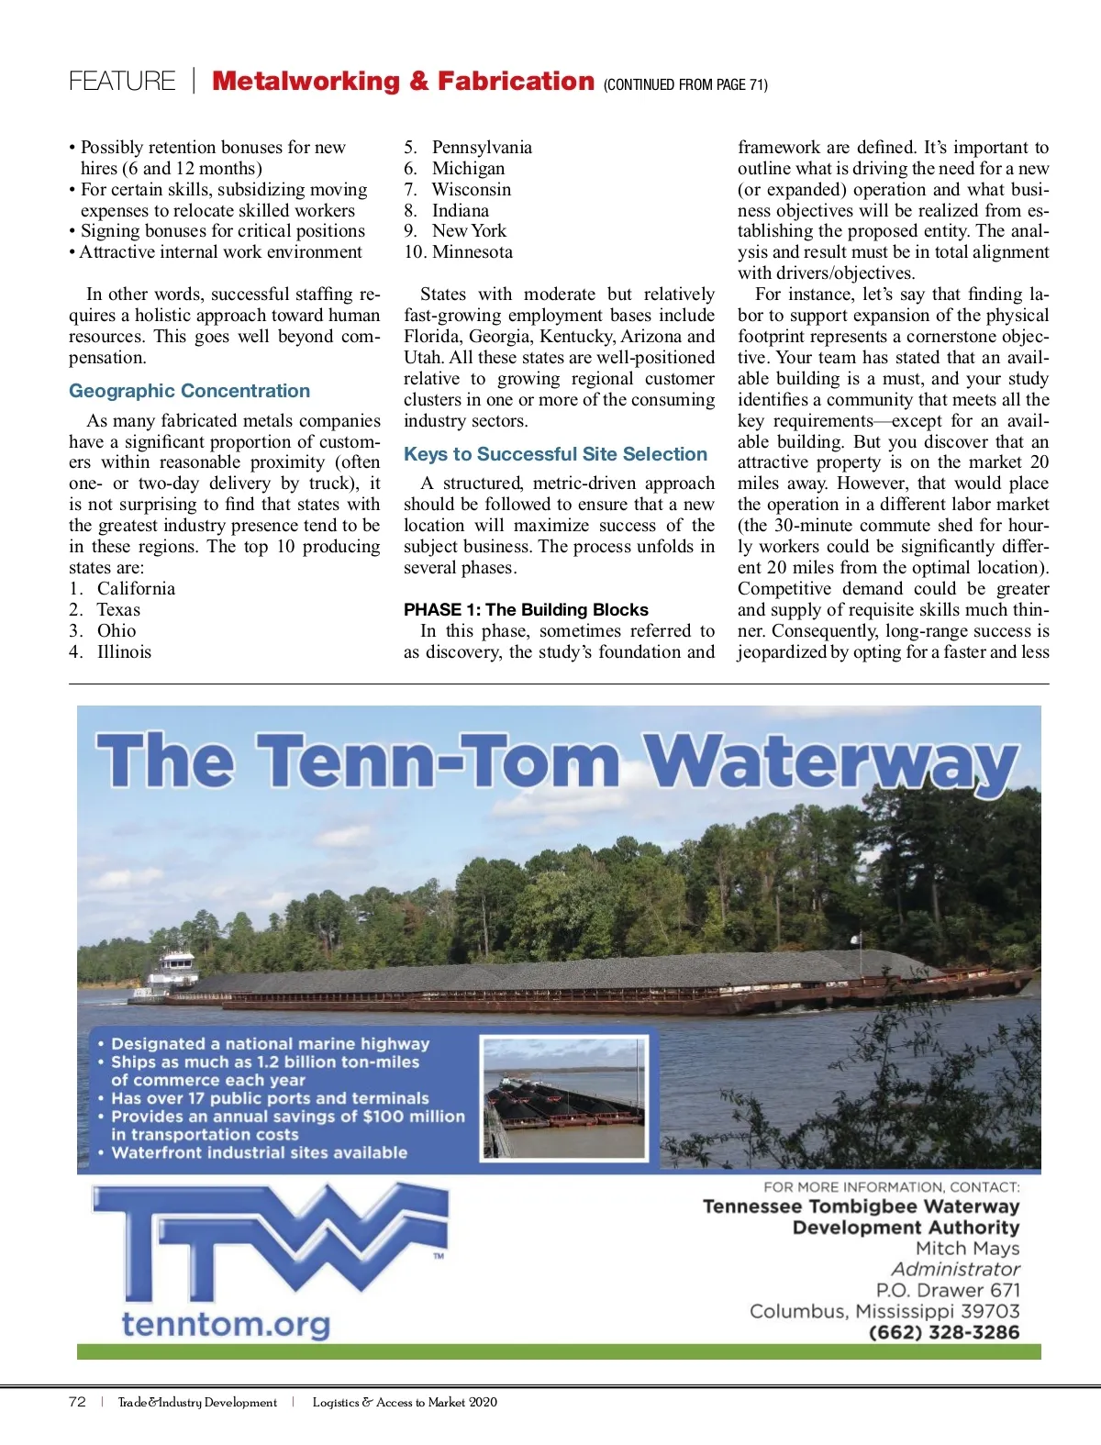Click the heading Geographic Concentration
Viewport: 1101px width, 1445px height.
[189, 391]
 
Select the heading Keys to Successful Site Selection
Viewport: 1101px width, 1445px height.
[555, 454]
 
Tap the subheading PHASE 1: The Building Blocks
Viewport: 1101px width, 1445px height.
[526, 610]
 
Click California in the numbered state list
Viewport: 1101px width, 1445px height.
[136, 589]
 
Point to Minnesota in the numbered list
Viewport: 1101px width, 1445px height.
[472, 252]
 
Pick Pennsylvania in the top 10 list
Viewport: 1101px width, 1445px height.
[482, 148]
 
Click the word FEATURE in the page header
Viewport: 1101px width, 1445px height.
[122, 82]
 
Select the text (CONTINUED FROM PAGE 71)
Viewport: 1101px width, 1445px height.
[685, 85]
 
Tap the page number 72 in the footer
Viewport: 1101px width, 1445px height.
[77, 1402]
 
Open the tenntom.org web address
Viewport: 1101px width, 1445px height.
[226, 1325]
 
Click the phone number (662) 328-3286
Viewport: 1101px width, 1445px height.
[943, 1332]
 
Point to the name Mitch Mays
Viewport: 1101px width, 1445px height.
[967, 1249]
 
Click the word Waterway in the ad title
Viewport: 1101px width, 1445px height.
[830, 761]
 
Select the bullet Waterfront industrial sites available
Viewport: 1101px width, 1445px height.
[259, 1152]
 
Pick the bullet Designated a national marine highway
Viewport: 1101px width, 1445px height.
[270, 1044]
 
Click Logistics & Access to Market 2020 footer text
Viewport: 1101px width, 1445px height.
[405, 1402]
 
